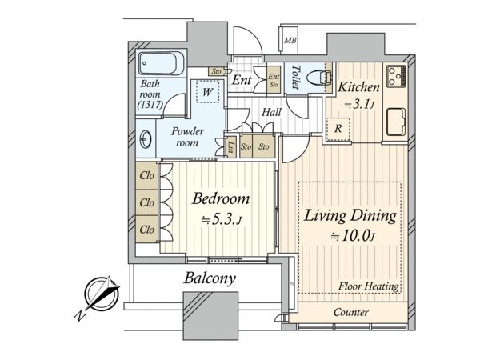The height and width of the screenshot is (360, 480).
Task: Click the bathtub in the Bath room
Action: tap(158, 63)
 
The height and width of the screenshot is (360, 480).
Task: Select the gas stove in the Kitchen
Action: tap(396, 77)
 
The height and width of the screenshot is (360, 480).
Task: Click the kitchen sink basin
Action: tap(396, 122)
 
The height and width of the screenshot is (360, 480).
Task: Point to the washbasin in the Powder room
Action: tap(145, 139)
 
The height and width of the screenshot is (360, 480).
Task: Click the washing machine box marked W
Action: tap(208, 91)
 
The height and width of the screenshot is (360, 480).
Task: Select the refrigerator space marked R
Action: tap(338, 129)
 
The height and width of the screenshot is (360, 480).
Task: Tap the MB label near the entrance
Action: tap(290, 40)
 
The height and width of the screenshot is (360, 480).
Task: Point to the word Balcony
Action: tap(210, 279)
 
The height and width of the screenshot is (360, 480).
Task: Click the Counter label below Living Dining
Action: tap(351, 312)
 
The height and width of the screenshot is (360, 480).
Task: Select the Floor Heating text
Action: tap(369, 286)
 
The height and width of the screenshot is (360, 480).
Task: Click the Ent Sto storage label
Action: tap(274, 80)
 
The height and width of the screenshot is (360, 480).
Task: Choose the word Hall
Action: tap(271, 112)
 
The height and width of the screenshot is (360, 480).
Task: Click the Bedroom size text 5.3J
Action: tap(222, 219)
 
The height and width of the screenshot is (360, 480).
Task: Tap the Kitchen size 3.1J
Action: tap(358, 105)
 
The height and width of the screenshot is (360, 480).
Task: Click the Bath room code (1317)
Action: tap(150, 105)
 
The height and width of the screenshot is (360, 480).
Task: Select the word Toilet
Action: tap(296, 77)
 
